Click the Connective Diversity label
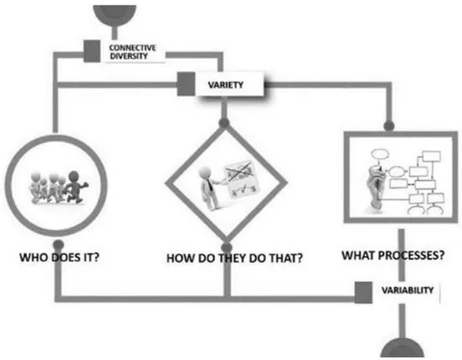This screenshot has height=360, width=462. tap(133, 52)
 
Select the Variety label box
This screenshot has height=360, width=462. tap(230, 85)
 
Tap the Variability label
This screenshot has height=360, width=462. tap(407, 290)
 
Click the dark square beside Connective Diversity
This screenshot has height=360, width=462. tap(91, 51)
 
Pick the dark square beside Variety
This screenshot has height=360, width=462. tap(186, 84)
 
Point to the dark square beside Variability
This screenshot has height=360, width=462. tap(364, 293)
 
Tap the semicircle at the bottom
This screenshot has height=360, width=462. tap(402, 348)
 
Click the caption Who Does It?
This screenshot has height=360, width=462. tap(60, 257)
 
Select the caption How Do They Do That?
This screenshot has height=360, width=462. tap(235, 258)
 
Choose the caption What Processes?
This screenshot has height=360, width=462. tap(393, 255)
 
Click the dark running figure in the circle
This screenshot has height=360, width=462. tap(76, 187)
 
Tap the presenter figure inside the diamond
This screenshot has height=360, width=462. tap(210, 189)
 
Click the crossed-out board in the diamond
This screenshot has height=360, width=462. tap(242, 178)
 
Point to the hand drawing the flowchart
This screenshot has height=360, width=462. tap(375, 189)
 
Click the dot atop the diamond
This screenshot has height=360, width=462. tap(224, 122)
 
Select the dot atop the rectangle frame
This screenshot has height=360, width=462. tap(389, 125)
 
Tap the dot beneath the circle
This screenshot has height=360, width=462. tap(58, 244)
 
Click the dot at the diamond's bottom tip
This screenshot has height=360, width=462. tap(226, 247)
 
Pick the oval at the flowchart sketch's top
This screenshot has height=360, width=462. tap(380, 154)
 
